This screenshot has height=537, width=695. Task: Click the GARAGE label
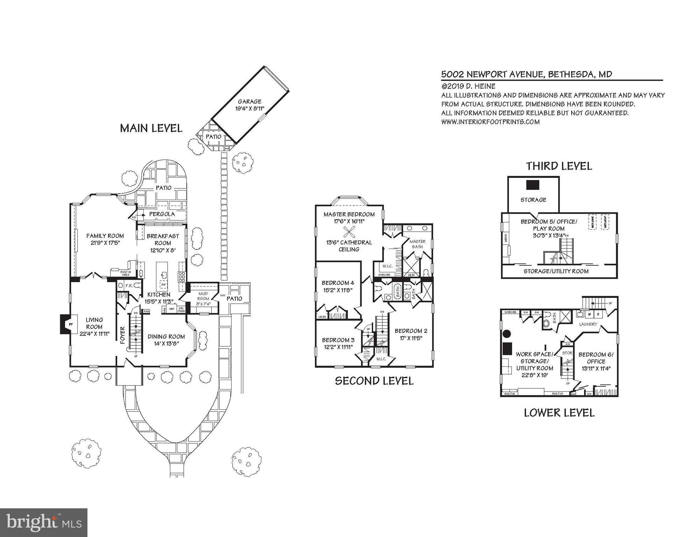point(249,102)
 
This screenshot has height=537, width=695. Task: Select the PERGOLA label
point(162,214)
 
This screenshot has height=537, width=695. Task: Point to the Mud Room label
point(203,296)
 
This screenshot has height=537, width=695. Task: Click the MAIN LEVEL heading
point(151,128)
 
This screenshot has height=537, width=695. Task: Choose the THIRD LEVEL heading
point(559,166)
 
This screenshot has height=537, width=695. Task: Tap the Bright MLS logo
point(44,522)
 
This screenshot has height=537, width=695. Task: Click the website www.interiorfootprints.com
point(490,122)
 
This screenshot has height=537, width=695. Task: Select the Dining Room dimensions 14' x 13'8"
point(166,343)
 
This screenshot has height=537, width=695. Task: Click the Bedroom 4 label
point(338,283)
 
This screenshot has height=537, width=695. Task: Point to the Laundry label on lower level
point(588,324)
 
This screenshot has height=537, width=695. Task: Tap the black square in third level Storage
point(532,185)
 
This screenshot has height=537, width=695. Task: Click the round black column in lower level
point(506,334)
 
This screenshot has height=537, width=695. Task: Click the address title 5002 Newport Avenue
point(526,74)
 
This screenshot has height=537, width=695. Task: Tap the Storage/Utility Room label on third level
point(556,271)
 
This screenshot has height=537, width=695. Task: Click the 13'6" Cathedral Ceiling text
point(349,246)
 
